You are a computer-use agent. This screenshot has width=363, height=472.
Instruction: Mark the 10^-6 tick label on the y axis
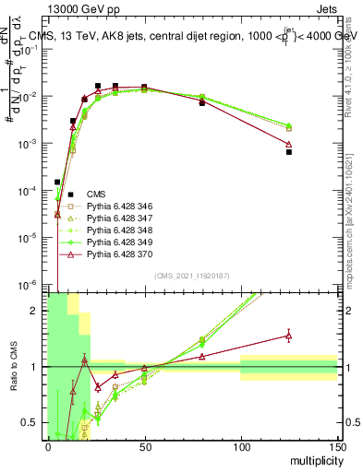(28, 285)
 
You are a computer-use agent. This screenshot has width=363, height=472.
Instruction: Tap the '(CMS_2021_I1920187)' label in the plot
(191, 276)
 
